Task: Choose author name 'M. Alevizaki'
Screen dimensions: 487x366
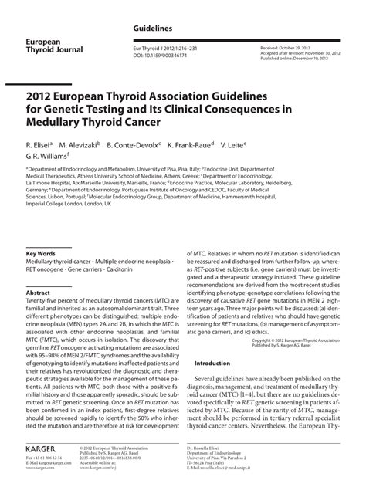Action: (81, 144)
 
